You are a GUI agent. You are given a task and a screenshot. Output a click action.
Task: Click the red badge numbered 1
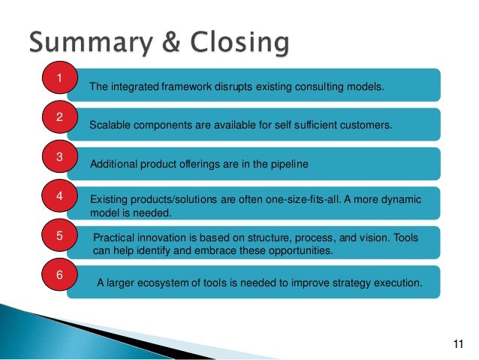59,78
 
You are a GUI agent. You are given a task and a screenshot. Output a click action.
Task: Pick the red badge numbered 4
59,197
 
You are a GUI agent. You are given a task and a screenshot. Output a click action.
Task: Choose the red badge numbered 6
59,274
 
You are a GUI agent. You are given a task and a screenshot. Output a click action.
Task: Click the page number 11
460,345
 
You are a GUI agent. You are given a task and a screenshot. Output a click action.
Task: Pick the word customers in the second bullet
363,126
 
